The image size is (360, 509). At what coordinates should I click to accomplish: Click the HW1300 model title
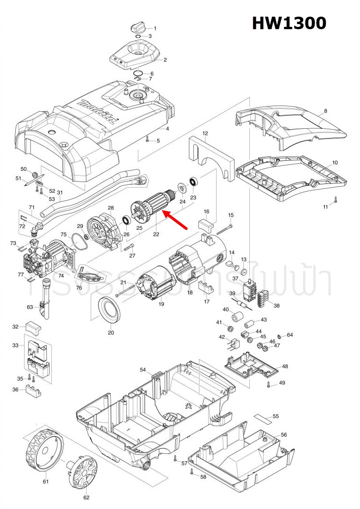tap(289, 23)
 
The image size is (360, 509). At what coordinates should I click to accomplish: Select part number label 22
tap(156, 234)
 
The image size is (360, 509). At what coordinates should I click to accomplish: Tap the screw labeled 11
tap(335, 201)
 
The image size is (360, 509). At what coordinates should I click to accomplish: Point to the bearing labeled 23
tap(193, 182)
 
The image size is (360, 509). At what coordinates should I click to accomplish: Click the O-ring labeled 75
tap(79, 240)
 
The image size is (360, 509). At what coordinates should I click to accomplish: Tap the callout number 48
tap(285, 366)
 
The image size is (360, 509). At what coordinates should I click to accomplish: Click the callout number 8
tap(325, 111)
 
